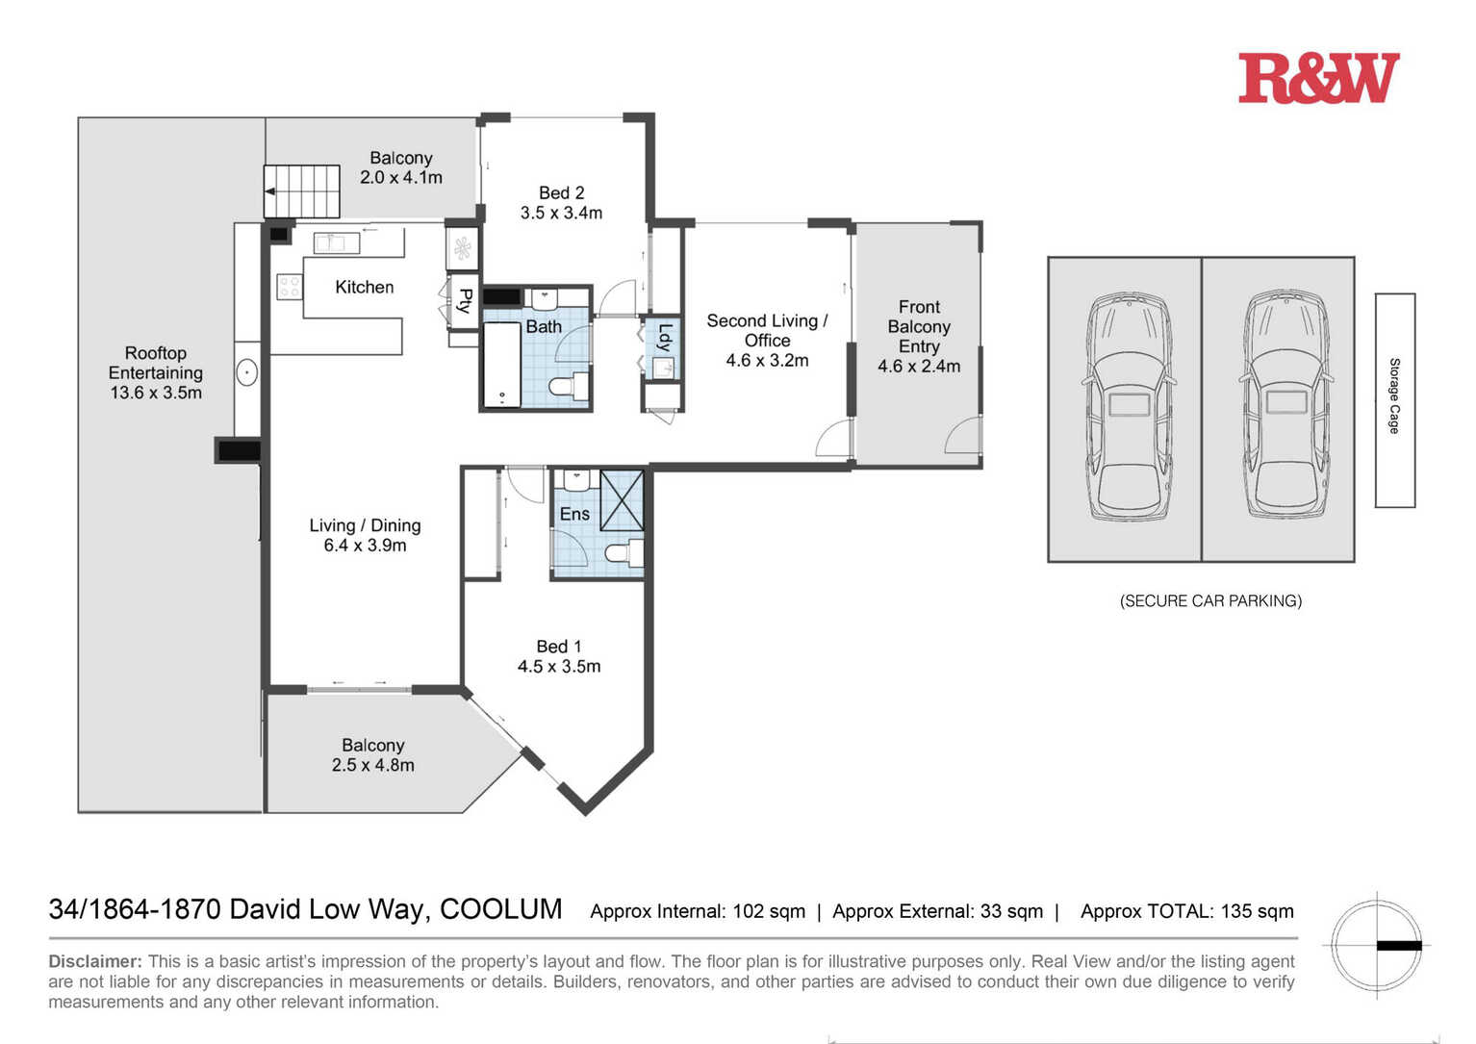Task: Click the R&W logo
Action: [x=1318, y=78]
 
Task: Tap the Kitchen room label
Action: [x=365, y=288]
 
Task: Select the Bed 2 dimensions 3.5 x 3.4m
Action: [x=561, y=213]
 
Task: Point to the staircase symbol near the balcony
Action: [x=302, y=191]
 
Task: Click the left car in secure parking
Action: [x=1129, y=406]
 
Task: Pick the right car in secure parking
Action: [x=1286, y=403]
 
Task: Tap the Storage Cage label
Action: [x=1394, y=396]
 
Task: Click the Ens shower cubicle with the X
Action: [x=622, y=500]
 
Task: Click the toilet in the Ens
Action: [x=624, y=553]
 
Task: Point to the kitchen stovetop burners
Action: [x=290, y=288]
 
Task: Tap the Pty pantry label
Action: [x=466, y=300]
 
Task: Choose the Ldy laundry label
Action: [x=665, y=338]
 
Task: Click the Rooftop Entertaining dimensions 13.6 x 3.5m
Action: [x=156, y=393]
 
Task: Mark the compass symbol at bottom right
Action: [x=1376, y=946]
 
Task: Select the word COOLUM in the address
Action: [x=500, y=909]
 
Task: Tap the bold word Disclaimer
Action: [x=95, y=961]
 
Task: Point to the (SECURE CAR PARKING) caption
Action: [x=1211, y=601]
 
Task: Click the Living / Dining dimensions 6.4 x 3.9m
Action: [x=365, y=546]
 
